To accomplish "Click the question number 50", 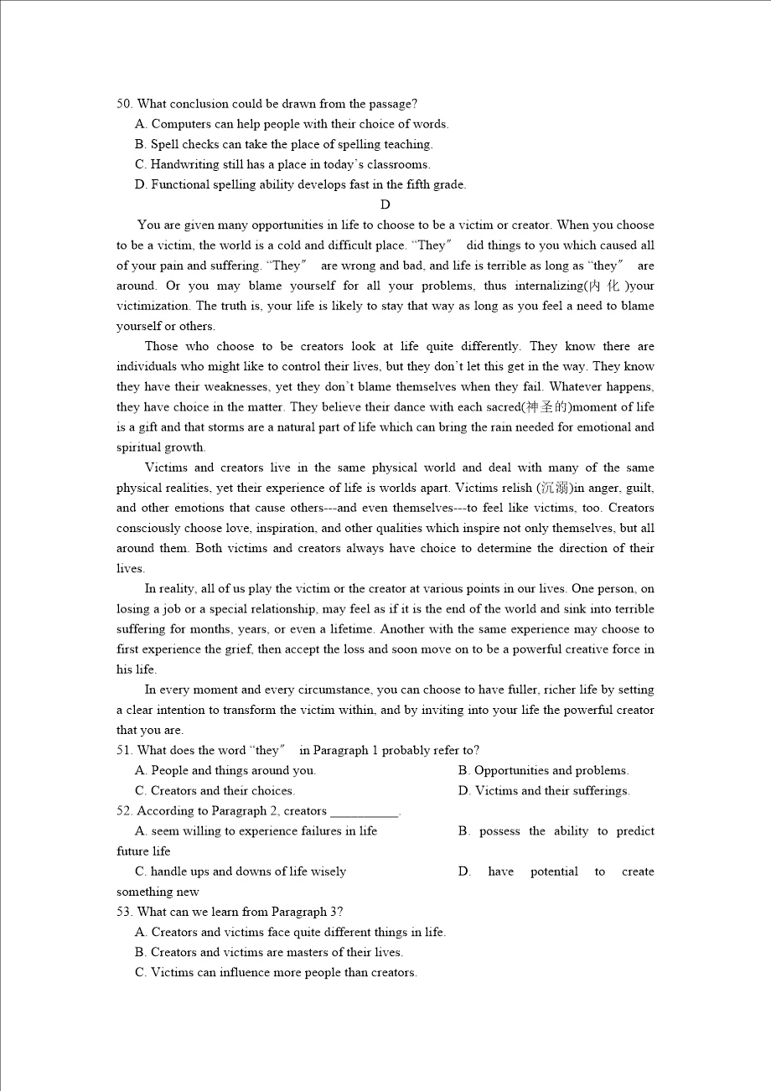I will point(124,104).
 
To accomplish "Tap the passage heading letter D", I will point(385,204).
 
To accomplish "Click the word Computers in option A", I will point(179,124).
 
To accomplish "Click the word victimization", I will point(153,306).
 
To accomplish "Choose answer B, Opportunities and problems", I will point(543,770).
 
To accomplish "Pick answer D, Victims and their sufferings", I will point(544,790).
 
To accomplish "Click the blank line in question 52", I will point(365,811).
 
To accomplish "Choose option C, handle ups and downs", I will point(241,871).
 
